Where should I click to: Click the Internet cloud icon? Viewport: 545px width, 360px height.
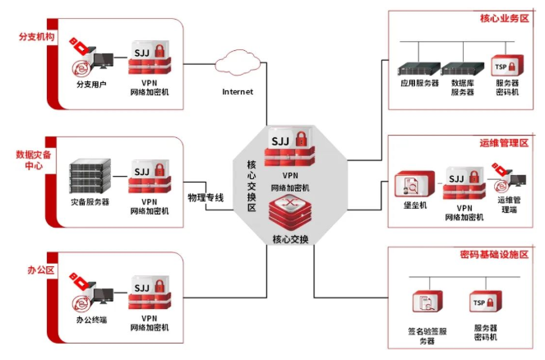point(238,62)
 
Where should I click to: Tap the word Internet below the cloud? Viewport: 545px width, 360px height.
point(238,91)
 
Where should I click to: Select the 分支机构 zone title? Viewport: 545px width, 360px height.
point(35,37)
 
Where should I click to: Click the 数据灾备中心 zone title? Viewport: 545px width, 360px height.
point(34,160)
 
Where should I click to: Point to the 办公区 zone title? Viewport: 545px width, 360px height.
point(35,270)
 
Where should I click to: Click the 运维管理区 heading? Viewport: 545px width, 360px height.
point(503,144)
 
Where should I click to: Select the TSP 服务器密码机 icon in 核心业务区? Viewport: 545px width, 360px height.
point(506,66)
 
